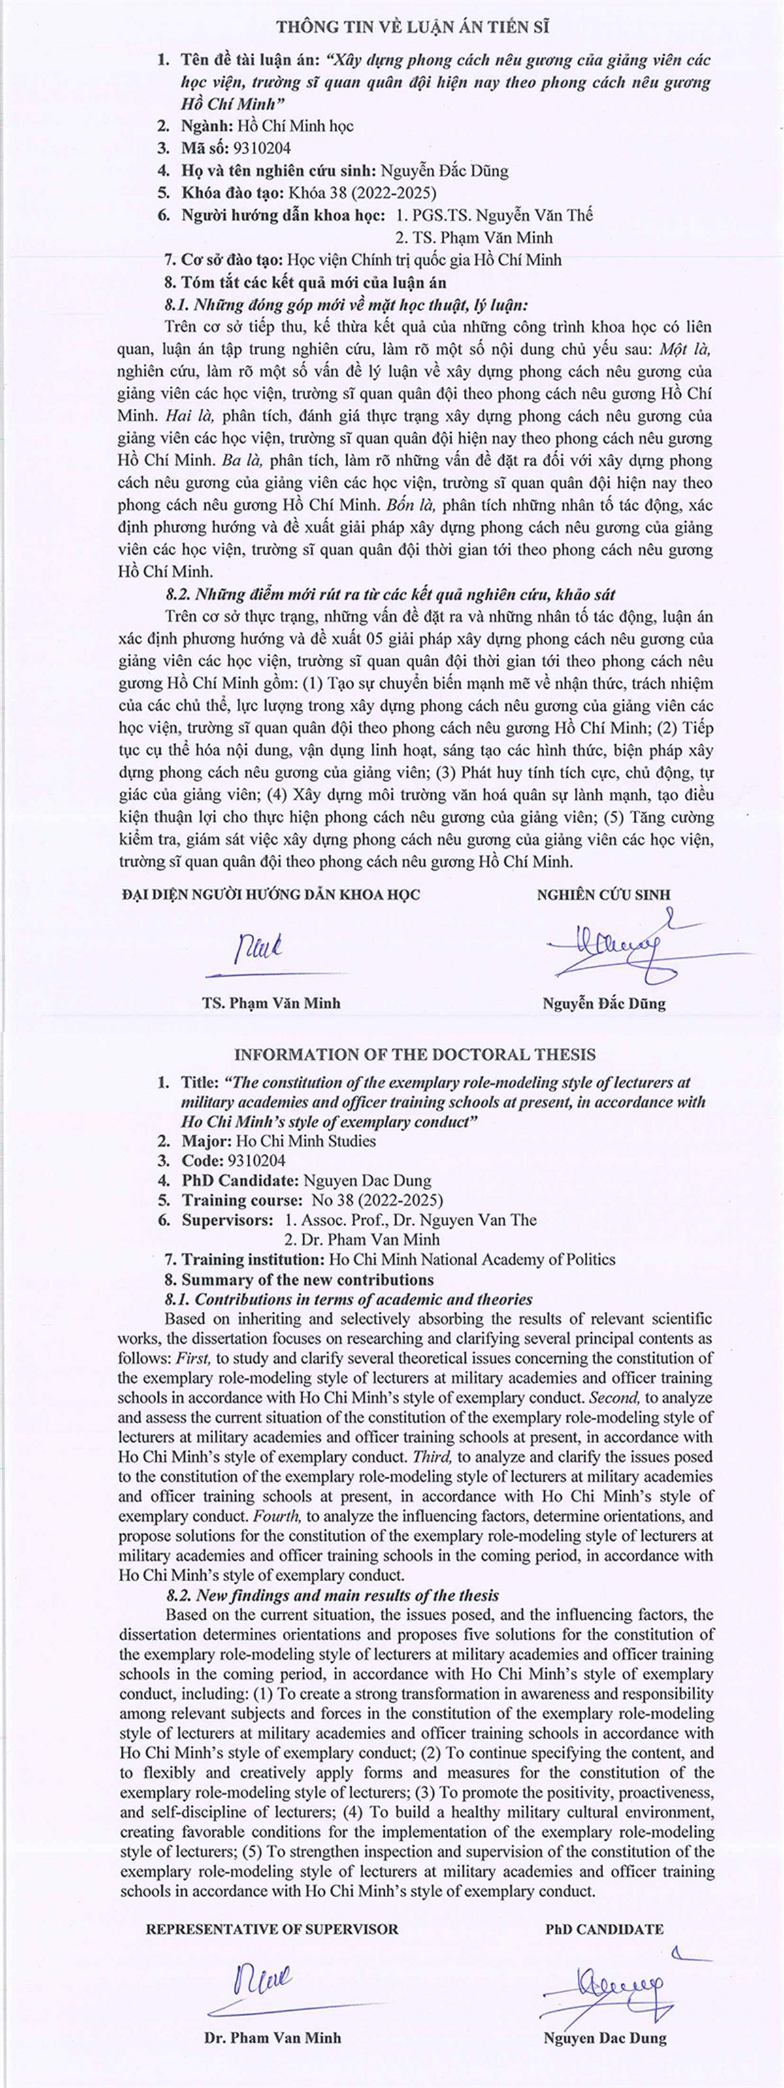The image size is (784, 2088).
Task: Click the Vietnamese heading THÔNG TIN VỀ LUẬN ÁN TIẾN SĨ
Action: pos(413,27)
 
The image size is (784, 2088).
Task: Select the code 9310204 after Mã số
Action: pos(261,148)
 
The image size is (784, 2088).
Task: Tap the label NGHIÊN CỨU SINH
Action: pos(604,895)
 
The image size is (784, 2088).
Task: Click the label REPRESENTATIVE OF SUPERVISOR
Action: pos(272,1929)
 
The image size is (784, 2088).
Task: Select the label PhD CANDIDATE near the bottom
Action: pos(604,1929)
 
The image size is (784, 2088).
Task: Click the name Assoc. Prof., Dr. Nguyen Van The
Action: pos(411,1220)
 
